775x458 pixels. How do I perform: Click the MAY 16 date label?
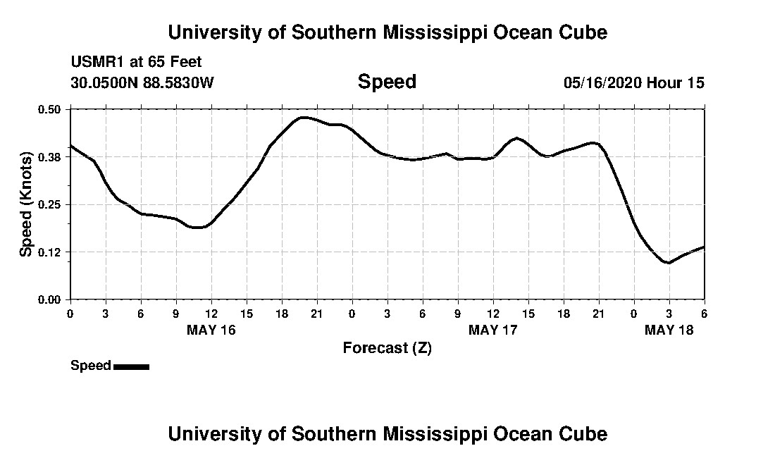pyautogui.click(x=211, y=330)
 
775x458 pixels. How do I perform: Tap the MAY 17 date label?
pyautogui.click(x=493, y=330)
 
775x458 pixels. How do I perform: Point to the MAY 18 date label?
pyautogui.click(x=669, y=330)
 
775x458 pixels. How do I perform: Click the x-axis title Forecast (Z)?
pyautogui.click(x=387, y=347)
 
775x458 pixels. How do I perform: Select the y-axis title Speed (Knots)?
pyautogui.click(x=26, y=204)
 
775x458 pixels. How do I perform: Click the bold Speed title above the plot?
pyautogui.click(x=387, y=82)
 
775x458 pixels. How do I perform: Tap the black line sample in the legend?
pyautogui.click(x=131, y=366)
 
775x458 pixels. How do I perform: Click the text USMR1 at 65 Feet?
pyautogui.click(x=136, y=62)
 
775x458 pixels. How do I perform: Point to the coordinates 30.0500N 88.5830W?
pyautogui.click(x=142, y=82)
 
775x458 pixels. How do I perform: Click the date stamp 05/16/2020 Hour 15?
pyautogui.click(x=633, y=82)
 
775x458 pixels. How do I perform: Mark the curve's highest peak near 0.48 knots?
pyautogui.click(x=304, y=117)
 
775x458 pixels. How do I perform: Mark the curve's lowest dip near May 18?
pyautogui.click(x=667, y=263)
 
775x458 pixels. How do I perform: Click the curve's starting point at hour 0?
pyautogui.click(x=70, y=145)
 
